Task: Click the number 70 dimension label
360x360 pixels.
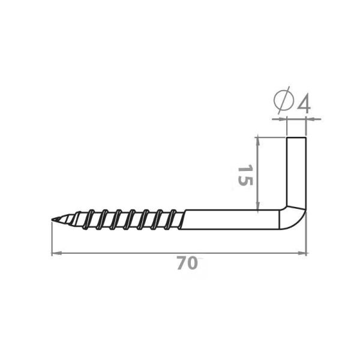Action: (187, 263)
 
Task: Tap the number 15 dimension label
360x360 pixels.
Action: (245, 175)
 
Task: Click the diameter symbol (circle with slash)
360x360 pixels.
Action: (284, 100)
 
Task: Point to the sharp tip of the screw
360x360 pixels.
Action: (52, 220)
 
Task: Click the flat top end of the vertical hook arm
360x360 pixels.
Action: (296, 138)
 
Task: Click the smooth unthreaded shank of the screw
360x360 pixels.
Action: (231, 220)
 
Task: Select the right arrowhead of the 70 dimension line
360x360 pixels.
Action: (302, 253)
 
